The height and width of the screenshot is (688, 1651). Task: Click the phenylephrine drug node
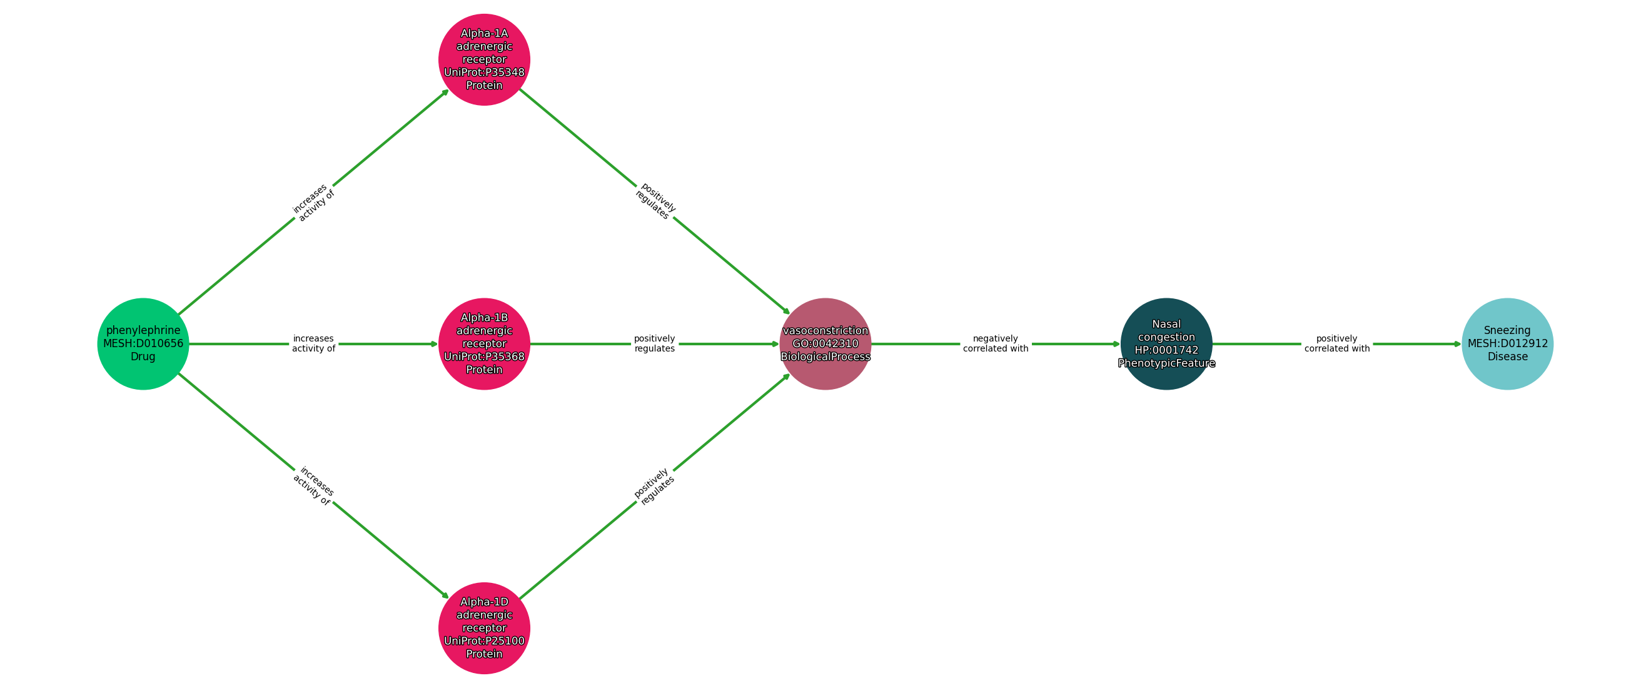point(143,343)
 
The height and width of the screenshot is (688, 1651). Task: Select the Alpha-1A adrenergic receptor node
point(484,59)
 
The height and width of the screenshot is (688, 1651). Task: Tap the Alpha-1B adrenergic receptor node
point(484,343)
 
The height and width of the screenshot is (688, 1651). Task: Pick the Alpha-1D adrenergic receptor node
point(484,628)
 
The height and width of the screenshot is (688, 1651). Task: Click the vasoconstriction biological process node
point(825,343)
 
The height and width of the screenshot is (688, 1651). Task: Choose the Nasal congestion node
point(1166,343)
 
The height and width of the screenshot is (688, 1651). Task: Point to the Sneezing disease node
point(1507,343)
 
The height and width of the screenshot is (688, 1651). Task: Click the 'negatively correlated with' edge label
point(996,343)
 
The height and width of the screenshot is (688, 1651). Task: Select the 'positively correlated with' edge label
point(1336,343)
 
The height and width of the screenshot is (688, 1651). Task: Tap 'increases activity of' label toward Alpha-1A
point(313,203)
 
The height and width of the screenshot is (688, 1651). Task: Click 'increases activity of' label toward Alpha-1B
point(313,343)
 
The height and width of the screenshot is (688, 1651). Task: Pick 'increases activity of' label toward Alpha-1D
point(313,485)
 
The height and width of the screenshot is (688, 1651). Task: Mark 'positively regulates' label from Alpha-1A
point(655,201)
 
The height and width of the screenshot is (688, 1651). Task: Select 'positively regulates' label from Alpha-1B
point(654,343)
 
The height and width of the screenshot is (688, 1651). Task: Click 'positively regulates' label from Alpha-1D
point(654,486)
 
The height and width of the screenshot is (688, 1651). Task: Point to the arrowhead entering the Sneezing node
point(1457,343)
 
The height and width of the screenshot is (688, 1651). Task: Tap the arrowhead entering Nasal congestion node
point(1116,343)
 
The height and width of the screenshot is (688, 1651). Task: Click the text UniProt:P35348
point(484,73)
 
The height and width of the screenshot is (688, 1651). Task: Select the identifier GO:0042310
point(825,343)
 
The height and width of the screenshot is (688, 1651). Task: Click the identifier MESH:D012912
point(1507,343)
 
